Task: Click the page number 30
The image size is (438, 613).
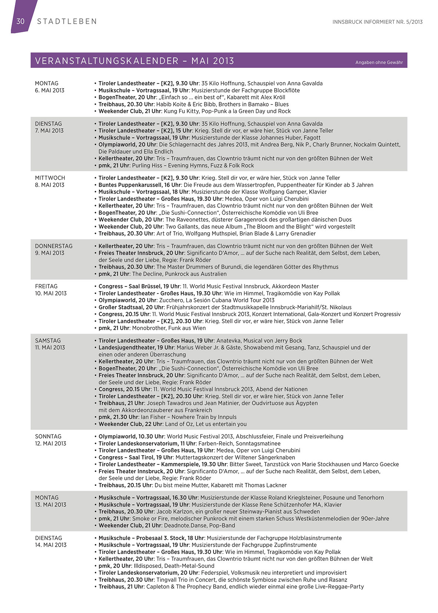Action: tap(20, 21)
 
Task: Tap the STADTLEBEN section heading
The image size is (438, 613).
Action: tap(67, 21)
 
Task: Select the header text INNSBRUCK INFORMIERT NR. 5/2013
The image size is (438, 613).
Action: tap(377, 22)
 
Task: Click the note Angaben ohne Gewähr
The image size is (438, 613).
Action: tap(379, 62)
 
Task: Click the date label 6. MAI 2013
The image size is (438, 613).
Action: tap(50, 90)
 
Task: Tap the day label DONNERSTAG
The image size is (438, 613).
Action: tap(54, 246)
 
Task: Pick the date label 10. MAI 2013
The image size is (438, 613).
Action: tap(51, 293)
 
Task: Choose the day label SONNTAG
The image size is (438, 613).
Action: tap(48, 437)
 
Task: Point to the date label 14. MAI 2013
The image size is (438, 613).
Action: tap(51, 545)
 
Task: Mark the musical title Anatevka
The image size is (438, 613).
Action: tap(229, 341)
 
